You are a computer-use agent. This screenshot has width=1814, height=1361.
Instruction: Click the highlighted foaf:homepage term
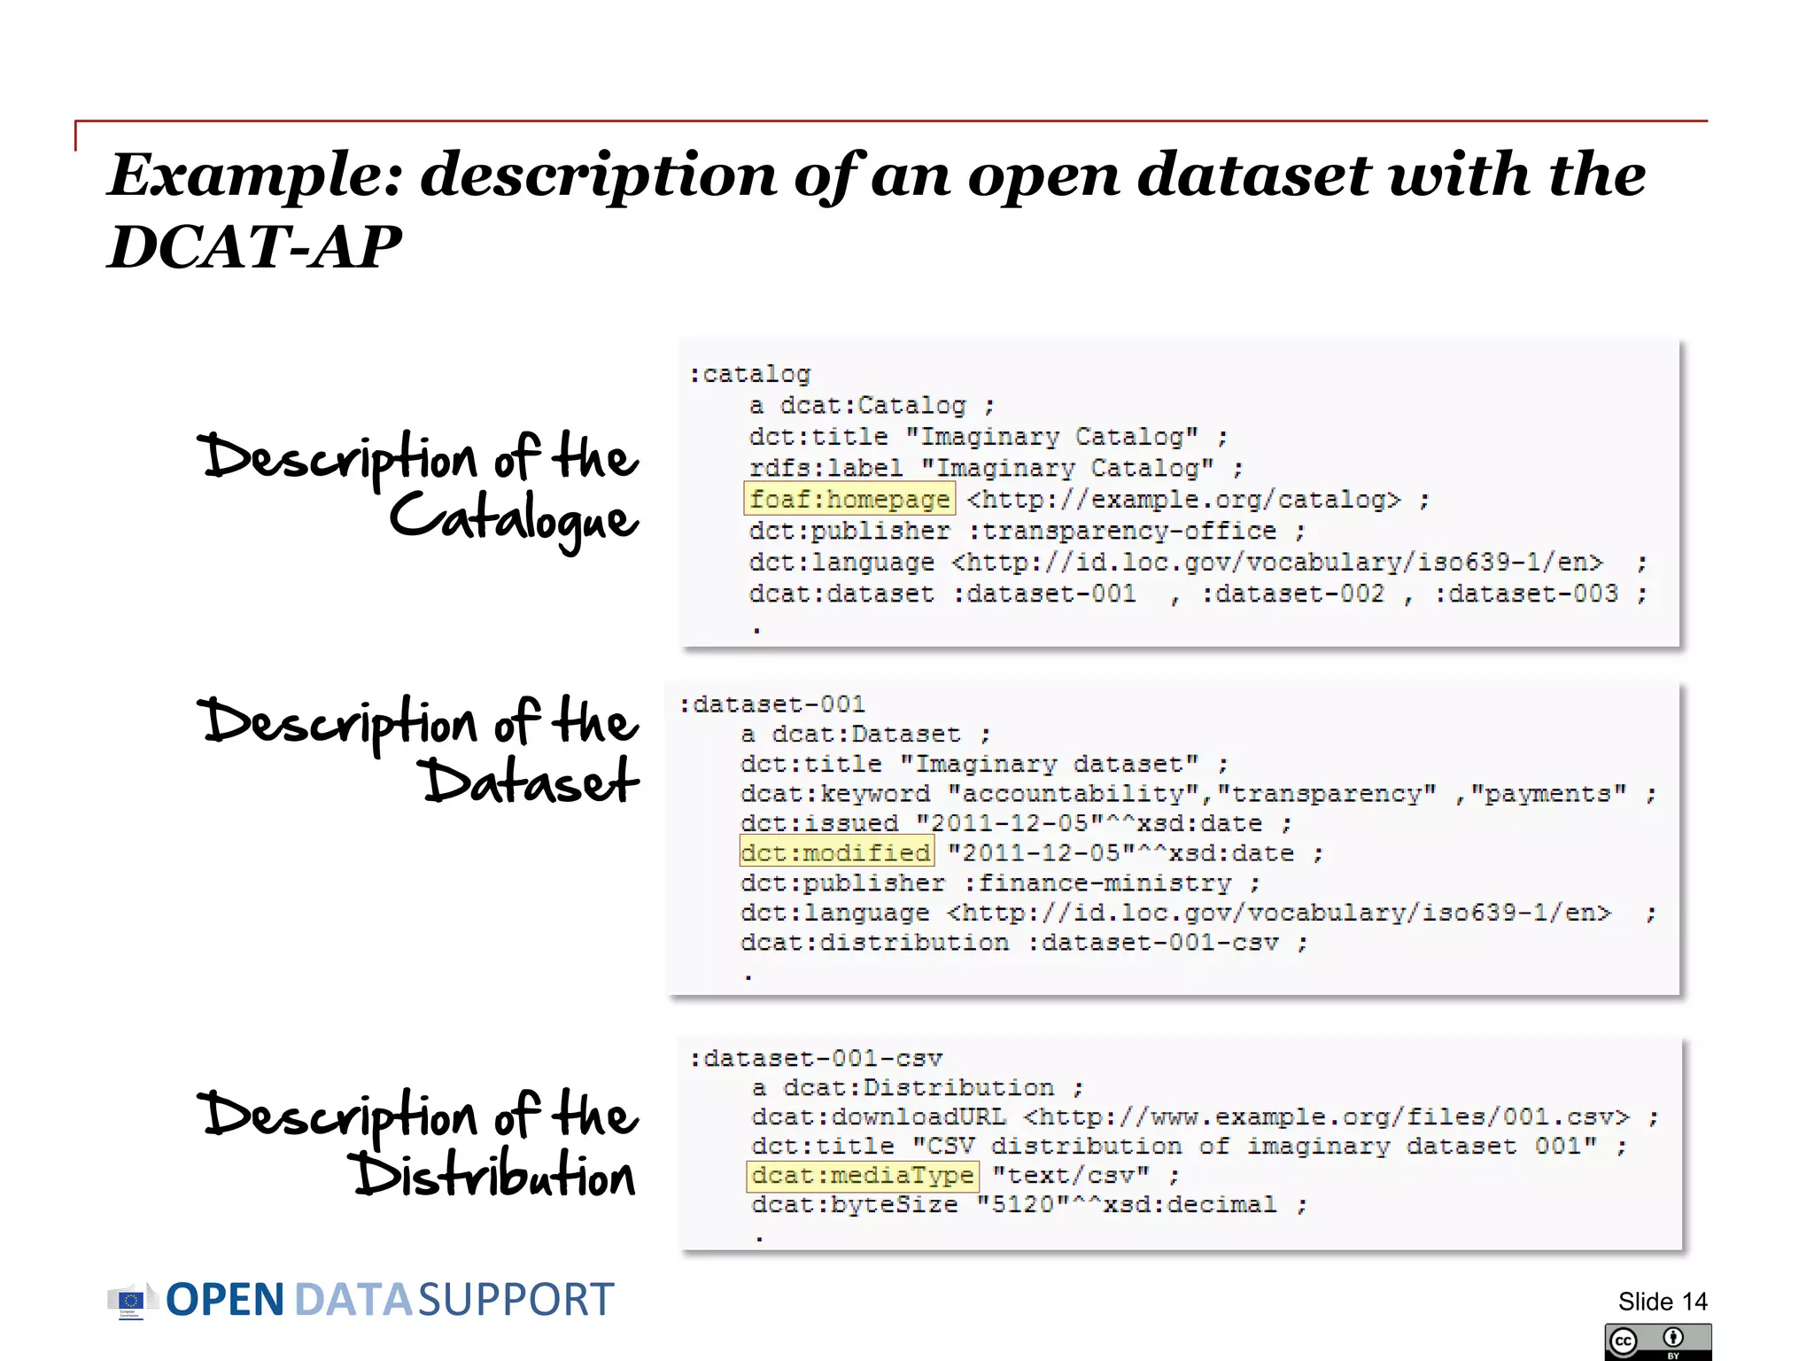[x=849, y=500]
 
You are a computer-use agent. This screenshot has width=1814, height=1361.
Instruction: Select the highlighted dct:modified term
[x=836, y=852]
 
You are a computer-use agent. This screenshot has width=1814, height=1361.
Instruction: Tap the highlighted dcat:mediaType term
[x=863, y=1176]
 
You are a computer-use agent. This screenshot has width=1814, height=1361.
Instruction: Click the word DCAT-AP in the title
[x=254, y=246]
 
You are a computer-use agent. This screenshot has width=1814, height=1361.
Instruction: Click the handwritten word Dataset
[x=531, y=782]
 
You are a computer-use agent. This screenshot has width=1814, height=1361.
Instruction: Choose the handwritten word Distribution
[x=496, y=1176]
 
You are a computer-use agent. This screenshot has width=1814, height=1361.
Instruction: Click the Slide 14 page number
[x=1662, y=1301]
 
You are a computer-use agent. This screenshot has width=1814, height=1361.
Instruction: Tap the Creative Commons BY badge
[x=1657, y=1342]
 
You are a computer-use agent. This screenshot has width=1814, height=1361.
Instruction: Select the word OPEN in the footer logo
[x=225, y=1301]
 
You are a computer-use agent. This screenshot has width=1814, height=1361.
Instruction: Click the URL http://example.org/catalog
[x=1184, y=501]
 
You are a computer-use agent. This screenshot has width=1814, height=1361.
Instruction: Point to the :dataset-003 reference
[x=1526, y=594]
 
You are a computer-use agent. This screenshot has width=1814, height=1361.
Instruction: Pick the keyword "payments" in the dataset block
[x=1549, y=794]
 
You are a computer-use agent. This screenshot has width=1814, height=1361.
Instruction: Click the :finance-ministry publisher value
[x=1098, y=883]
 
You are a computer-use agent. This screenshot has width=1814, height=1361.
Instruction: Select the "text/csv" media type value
[x=1070, y=1176]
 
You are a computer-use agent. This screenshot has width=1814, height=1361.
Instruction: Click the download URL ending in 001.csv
[x=1326, y=1117]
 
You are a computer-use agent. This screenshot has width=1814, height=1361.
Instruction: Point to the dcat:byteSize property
[x=855, y=1205]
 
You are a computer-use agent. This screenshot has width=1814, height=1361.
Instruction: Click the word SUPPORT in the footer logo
[x=516, y=1301]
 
